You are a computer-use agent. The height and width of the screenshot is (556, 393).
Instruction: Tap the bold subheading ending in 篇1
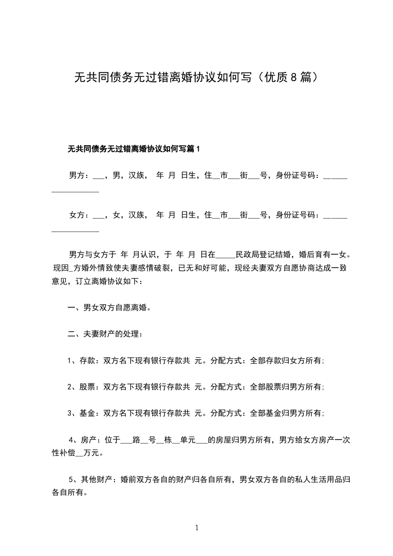coord(134,149)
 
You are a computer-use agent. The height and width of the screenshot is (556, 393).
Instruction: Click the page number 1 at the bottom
coord(197,528)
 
